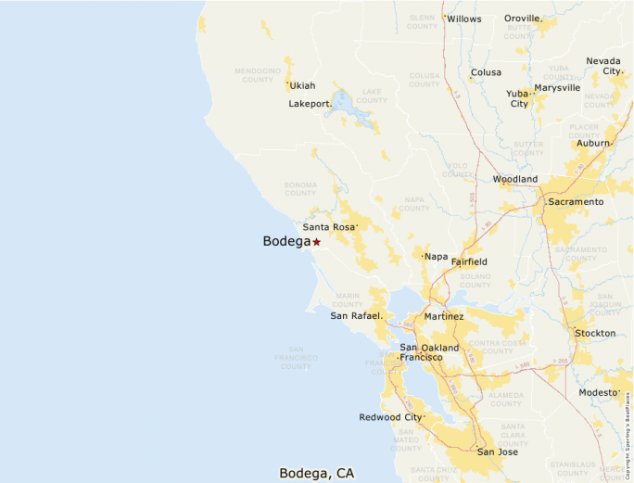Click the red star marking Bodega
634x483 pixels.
click(316, 242)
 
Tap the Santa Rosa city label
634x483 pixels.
click(328, 227)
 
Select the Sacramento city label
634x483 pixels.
click(576, 201)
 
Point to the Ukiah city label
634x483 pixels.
click(302, 86)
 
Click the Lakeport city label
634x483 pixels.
click(310, 104)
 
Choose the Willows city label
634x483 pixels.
click(463, 19)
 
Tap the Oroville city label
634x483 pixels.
click(523, 19)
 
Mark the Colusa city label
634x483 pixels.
click(486, 72)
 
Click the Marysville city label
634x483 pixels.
click(557, 87)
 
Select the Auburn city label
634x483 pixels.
click(593, 144)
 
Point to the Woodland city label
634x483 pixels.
click(514, 179)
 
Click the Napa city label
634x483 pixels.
click(436, 256)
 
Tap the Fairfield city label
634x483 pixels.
click(469, 262)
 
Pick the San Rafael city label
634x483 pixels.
click(356, 316)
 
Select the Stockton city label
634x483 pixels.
click(595, 333)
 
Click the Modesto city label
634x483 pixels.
click(598, 393)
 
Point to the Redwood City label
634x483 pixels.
click(390, 417)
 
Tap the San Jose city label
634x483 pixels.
click(498, 452)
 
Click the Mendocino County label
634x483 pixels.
click(258, 74)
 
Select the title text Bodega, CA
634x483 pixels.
click(317, 473)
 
